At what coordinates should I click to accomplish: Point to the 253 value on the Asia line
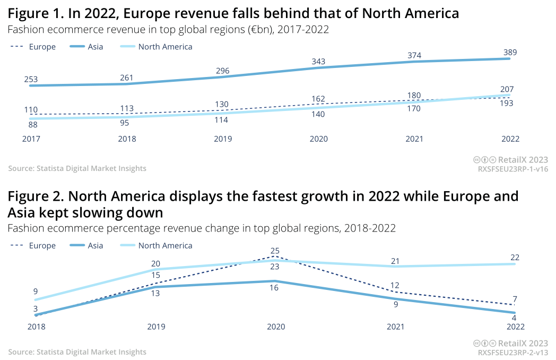coord(31,80)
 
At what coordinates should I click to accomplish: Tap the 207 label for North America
coord(507,89)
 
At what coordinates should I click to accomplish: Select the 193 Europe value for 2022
coord(507,103)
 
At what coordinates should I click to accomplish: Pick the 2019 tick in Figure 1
coord(223,139)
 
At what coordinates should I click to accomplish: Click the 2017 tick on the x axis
coord(31,139)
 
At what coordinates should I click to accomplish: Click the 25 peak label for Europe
coord(275,251)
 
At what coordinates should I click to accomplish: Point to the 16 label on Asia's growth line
coord(274,288)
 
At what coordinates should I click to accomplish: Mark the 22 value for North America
coord(515,258)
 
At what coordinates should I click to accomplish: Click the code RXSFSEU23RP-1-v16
coord(512,169)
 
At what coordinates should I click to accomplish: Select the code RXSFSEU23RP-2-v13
coord(512,352)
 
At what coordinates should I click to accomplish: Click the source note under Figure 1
coord(77,168)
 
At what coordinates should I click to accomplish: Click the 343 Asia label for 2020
coord(318,62)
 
